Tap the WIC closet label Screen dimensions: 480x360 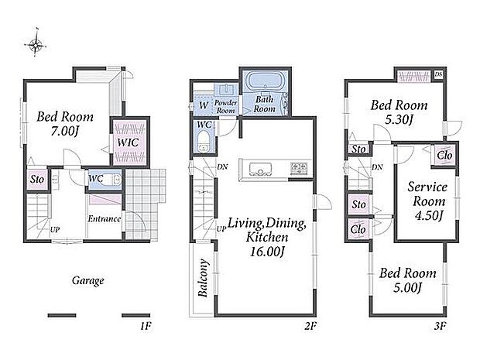[x=128, y=142]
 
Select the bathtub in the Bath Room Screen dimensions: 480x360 [x=265, y=81]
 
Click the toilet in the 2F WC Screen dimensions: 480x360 [x=203, y=141]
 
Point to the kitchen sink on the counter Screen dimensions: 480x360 [x=260, y=169]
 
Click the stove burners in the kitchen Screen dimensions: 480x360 [x=299, y=168]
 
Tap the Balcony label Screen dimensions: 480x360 [x=203, y=278]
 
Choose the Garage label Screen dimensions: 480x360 [x=87, y=281]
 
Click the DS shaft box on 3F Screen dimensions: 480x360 [x=438, y=74]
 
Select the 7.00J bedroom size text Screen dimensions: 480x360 [x=65, y=132]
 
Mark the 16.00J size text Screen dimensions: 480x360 [x=268, y=252]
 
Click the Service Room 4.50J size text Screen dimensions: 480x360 [x=429, y=215]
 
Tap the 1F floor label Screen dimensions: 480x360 [x=146, y=327]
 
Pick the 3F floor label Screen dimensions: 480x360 [x=440, y=327]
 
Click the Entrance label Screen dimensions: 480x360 [x=105, y=219]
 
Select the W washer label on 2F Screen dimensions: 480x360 [x=204, y=105]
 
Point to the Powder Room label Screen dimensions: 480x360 [x=226, y=107]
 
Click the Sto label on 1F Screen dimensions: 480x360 [x=37, y=180]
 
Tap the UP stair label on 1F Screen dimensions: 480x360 [x=55, y=229]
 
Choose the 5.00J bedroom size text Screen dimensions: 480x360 [x=407, y=288]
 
